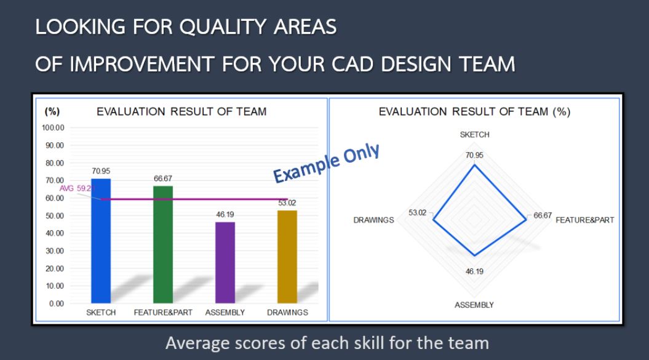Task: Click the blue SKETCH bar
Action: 101,241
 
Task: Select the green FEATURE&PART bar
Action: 163,244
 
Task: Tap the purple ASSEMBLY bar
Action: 225,263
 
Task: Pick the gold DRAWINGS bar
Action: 287,257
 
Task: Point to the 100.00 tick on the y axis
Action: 53,127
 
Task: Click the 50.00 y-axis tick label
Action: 55,216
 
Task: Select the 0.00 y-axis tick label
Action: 57,303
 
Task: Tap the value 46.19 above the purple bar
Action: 225,215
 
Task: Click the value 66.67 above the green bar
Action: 163,178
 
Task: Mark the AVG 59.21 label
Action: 77,188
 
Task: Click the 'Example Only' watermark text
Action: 326,163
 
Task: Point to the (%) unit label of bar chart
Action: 52,111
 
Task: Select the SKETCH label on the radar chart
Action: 475,135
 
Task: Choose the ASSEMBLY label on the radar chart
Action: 474,305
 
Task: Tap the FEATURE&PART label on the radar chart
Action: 585,220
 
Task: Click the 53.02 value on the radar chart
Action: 417,212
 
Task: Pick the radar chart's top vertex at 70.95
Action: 475,165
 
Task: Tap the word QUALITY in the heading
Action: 223,27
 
